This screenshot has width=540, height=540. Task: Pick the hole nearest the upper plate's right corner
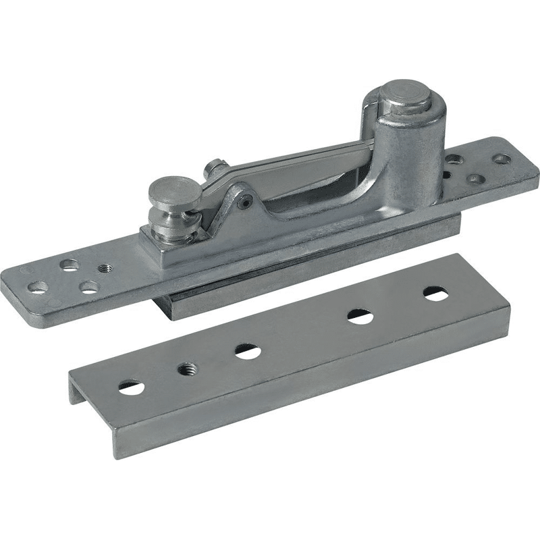[501, 159]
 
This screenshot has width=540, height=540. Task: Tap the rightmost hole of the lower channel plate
[434, 294]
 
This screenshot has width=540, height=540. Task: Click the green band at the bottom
[270, 500]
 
